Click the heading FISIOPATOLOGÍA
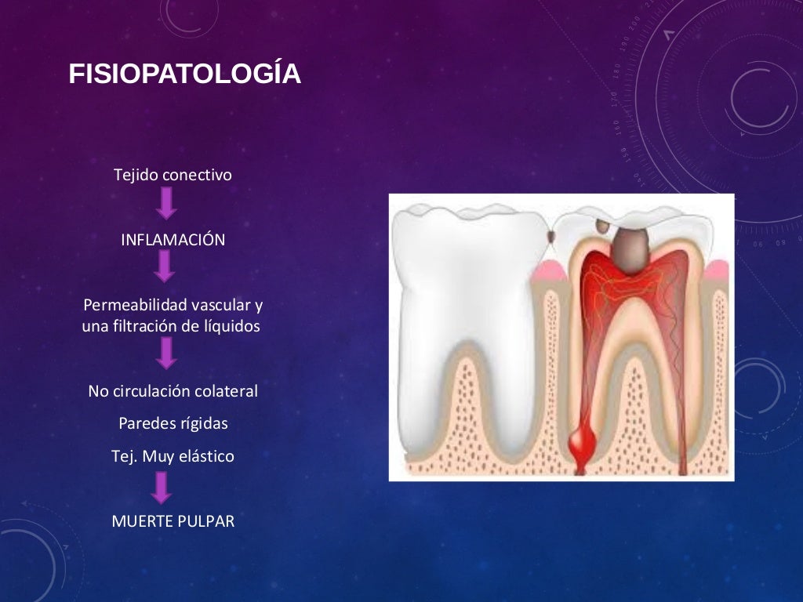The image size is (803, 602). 184,74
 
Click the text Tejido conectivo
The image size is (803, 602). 173,175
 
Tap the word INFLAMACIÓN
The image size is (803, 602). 173,240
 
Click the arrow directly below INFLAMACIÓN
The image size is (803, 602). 164,267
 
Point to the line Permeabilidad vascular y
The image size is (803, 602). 173,304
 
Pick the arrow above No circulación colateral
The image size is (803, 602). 165,354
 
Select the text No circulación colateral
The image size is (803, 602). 173,390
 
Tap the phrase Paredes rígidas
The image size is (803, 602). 173,423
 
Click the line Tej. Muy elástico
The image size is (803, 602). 173,455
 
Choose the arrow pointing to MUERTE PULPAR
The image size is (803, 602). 161,488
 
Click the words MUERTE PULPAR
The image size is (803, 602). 173,520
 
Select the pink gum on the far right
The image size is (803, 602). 720,270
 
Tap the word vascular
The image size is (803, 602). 219,304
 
